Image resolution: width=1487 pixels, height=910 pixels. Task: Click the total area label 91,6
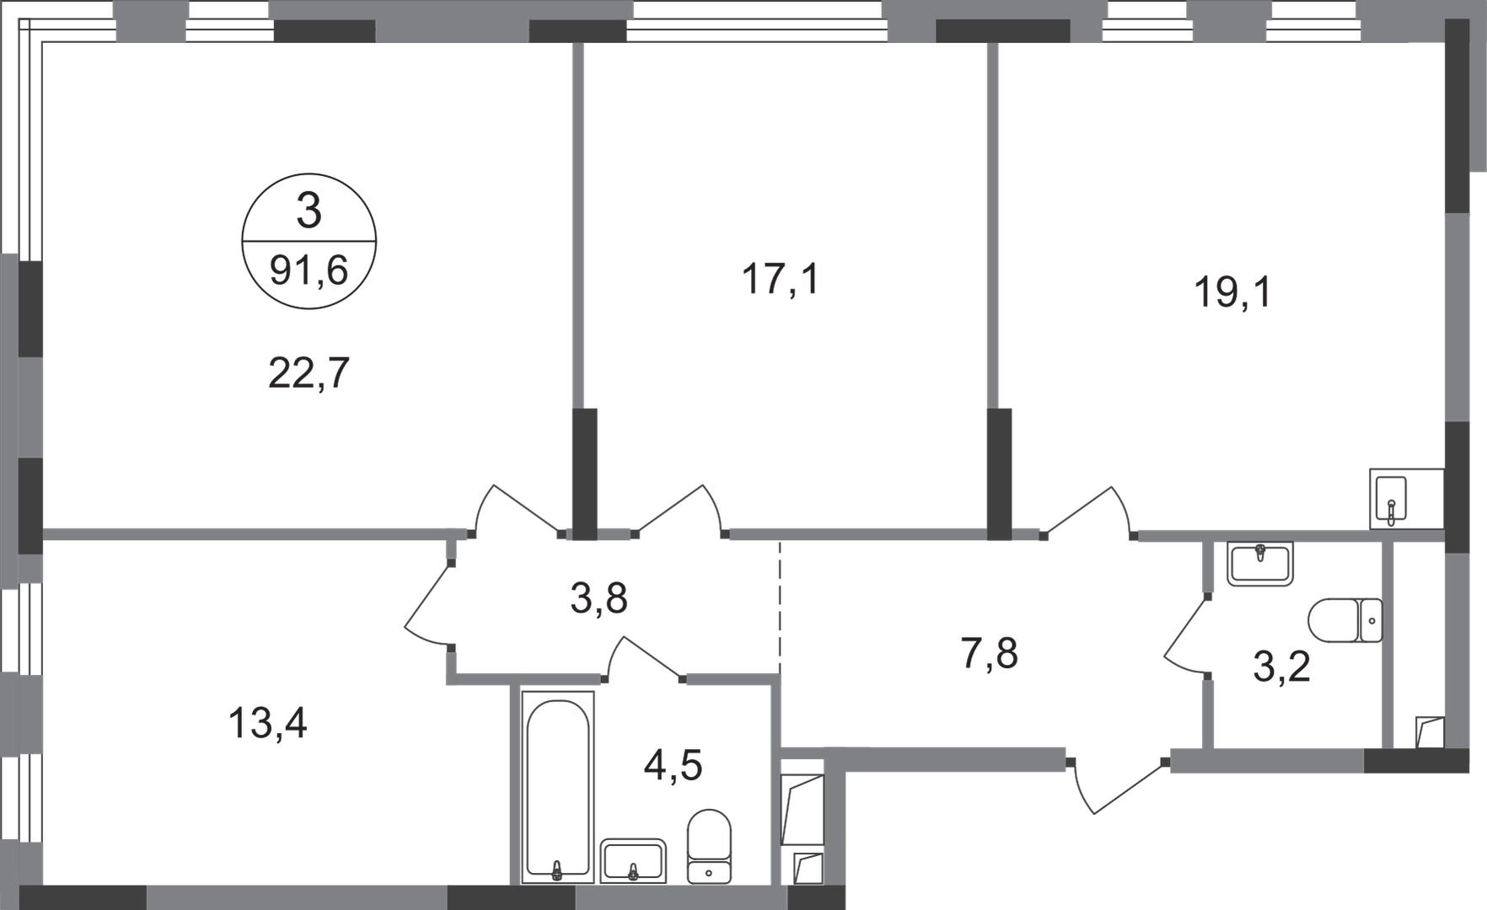(x=309, y=273)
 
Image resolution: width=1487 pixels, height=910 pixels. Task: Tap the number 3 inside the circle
(x=309, y=212)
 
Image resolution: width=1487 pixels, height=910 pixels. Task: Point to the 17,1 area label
(x=782, y=280)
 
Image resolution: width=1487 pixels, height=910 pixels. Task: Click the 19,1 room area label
(x=1232, y=294)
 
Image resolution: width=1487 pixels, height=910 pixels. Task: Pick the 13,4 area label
(x=269, y=724)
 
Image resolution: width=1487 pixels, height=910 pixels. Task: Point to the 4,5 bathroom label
(x=672, y=767)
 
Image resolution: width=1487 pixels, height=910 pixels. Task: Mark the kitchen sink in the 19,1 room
(x=1389, y=500)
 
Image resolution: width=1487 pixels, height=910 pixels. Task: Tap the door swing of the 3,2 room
(x=1187, y=637)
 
